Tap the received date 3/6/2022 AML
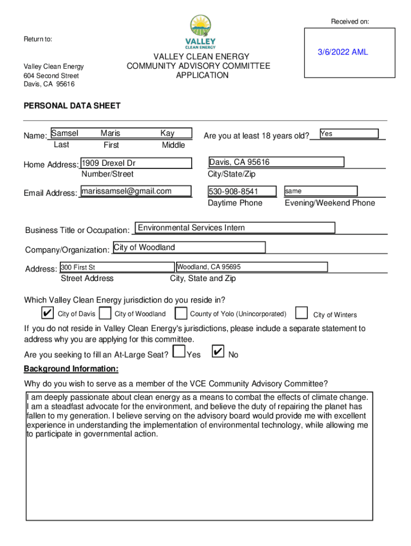click(x=343, y=52)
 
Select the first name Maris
click(x=110, y=133)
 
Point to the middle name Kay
click(x=168, y=133)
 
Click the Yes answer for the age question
click(x=349, y=134)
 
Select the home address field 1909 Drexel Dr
click(x=136, y=163)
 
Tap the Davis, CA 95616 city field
click(x=276, y=162)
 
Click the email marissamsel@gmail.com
click(x=136, y=191)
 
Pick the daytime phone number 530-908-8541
click(x=242, y=191)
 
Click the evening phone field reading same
click(x=320, y=191)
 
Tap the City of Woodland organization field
click(x=189, y=247)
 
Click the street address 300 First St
click(x=117, y=267)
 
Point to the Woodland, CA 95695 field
click(x=251, y=267)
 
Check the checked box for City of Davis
click(x=48, y=312)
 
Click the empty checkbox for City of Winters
click(x=302, y=312)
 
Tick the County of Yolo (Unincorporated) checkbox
click(x=181, y=313)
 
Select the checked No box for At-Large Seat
click(x=218, y=352)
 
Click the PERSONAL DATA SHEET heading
click(x=72, y=106)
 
